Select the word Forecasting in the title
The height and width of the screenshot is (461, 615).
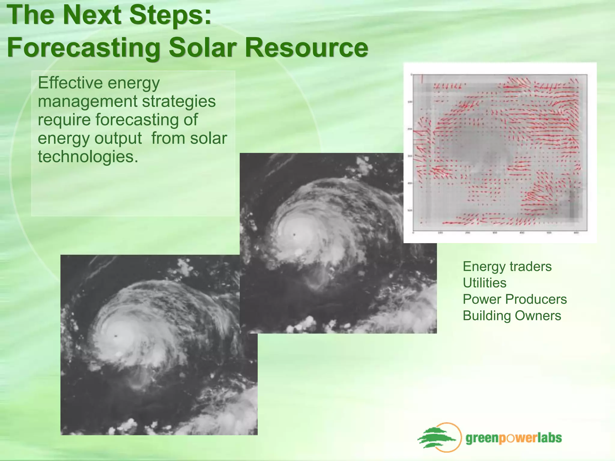pos(83,48)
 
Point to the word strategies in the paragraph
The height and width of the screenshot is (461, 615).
pos(179,101)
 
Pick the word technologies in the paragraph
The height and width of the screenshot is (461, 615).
pos(88,157)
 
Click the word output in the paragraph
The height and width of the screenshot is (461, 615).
pos(118,138)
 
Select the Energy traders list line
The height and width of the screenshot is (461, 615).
pos(507,267)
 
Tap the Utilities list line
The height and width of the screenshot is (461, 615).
pos(484,283)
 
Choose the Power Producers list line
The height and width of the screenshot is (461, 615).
pos(515,299)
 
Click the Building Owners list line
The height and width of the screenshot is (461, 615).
pos(512,316)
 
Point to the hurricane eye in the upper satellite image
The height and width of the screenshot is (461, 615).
pos(295,235)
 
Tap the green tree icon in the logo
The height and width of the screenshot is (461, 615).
pos(436,438)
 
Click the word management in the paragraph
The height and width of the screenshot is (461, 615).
pos(87,101)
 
